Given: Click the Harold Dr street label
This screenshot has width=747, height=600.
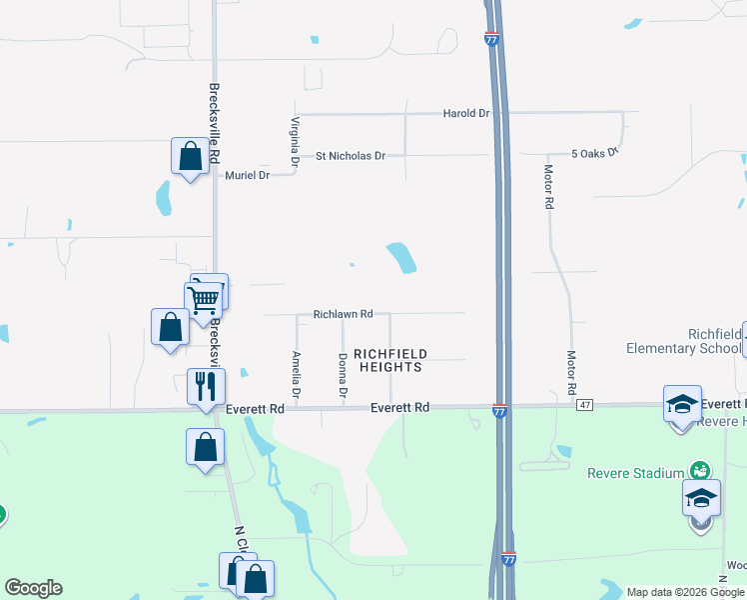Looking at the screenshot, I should click(466, 113).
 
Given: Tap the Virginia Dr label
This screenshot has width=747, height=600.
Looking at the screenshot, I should click(295, 141).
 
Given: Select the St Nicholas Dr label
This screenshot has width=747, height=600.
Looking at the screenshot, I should click(351, 156).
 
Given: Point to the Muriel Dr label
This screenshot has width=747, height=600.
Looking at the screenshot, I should click(249, 175).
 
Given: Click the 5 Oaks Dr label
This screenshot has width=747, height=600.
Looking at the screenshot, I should click(595, 153).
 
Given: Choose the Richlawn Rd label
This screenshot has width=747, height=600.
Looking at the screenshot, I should click(343, 313).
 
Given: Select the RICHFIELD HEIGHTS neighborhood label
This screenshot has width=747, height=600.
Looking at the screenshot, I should click(390, 360).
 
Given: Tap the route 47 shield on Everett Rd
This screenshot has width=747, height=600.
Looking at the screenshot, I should click(584, 404).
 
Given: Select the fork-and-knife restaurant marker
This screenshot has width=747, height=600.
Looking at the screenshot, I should click(206, 386).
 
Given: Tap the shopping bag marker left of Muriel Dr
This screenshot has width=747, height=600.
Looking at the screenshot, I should click(190, 156).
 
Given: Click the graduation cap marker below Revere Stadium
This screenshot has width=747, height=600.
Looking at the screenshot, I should click(701, 496).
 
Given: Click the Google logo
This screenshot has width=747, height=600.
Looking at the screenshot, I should click(33, 588).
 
